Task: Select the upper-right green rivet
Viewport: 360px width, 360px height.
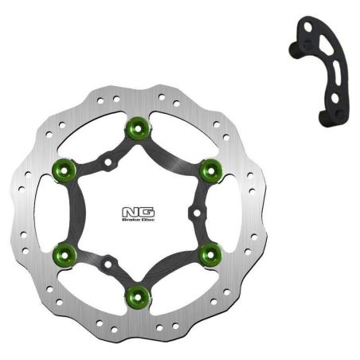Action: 209,168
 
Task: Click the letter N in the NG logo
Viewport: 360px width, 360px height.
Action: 127,212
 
